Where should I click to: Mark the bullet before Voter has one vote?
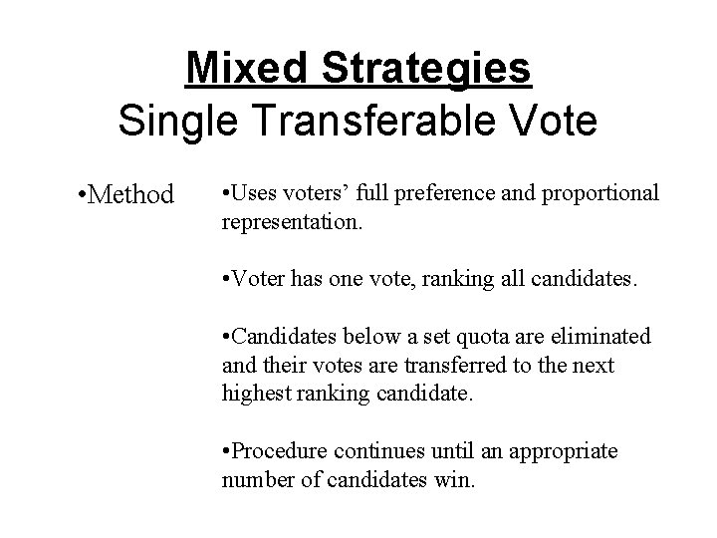225,280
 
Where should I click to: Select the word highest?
255,394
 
